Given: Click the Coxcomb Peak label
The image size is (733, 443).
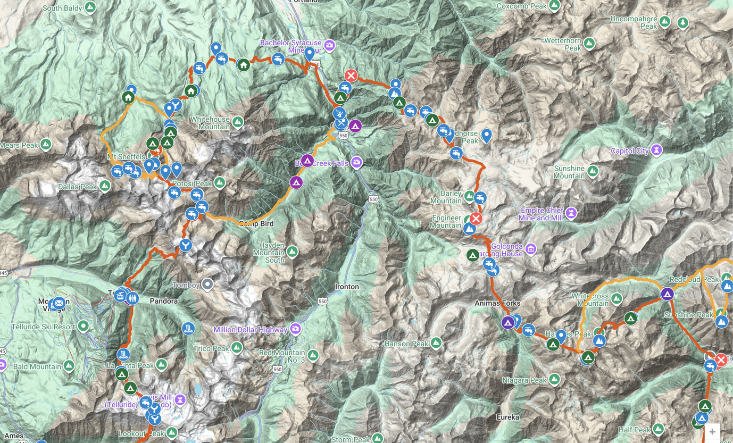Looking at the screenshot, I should click(x=521, y=6).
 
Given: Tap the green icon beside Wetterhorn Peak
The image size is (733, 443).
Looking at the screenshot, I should click(x=589, y=43).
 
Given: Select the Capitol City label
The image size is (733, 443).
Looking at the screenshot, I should click(x=630, y=151).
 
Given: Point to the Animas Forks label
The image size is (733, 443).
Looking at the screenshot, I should click(x=497, y=303).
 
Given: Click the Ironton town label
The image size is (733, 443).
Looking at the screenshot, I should click(x=347, y=287).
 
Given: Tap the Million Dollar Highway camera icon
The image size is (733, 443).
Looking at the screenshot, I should click(x=295, y=329).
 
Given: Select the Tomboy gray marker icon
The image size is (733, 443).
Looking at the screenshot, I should click(x=207, y=285).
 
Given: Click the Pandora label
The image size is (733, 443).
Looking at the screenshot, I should click(x=163, y=301).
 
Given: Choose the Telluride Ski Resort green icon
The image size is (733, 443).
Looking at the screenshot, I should click(x=83, y=325).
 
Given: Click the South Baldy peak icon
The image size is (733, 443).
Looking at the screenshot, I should click(x=90, y=7).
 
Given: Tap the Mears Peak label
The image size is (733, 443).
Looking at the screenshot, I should click(x=19, y=145).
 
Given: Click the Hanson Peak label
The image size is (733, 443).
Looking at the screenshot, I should click(x=406, y=344).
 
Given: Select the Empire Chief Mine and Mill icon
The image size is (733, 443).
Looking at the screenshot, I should click(x=571, y=213).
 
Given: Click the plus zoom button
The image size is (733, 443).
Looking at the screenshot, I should click(x=712, y=431).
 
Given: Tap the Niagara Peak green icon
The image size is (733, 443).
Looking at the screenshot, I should click(x=554, y=379).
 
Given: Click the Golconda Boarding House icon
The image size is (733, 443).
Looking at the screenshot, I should click(x=530, y=248).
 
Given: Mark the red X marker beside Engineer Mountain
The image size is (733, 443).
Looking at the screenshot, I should click(x=476, y=219).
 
